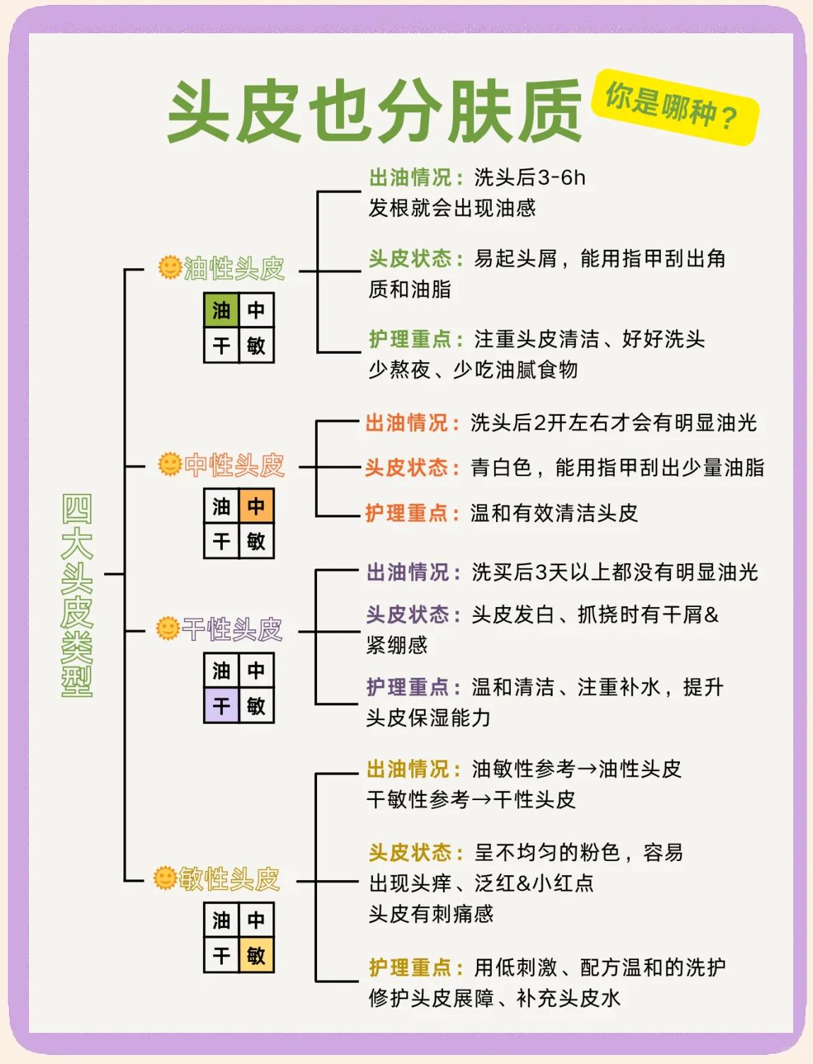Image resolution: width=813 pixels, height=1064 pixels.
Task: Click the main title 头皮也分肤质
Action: pyautogui.click(x=375, y=112)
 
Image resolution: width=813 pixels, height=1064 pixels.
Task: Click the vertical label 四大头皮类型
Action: pyautogui.click(x=76, y=594)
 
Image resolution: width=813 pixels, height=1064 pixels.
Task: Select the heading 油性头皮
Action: pyautogui.click(x=233, y=269)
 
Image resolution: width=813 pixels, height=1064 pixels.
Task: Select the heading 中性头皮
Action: pyautogui.click(x=233, y=465)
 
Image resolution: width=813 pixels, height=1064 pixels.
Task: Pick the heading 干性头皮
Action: pyautogui.click(x=232, y=629)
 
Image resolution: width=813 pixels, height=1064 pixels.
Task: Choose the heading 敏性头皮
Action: pyautogui.click(x=229, y=879)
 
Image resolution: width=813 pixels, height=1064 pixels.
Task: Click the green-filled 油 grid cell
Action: pyautogui.click(x=221, y=310)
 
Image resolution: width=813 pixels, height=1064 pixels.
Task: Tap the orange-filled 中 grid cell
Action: pyautogui.click(x=256, y=506)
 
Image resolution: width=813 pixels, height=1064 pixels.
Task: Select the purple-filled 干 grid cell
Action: pyautogui.click(x=221, y=705)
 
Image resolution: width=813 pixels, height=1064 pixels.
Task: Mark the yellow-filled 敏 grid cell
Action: pyautogui.click(x=256, y=956)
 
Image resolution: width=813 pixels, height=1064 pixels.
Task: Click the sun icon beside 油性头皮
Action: pyautogui.click(x=170, y=267)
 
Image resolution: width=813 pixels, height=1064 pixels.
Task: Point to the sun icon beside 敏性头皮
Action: pyautogui.click(x=165, y=878)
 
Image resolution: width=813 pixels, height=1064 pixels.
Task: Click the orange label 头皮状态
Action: pyautogui.click(x=407, y=468)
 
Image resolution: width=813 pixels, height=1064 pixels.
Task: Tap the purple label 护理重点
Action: pyautogui.click(x=408, y=687)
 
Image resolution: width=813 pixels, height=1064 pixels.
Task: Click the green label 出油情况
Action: pyautogui.click(x=410, y=178)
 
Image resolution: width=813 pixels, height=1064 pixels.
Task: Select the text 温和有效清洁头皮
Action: pyautogui.click(x=554, y=513)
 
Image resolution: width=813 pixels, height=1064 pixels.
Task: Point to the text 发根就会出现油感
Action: pyautogui.click(x=452, y=208)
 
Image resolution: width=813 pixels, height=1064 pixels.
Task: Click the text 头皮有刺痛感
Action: pyautogui.click(x=431, y=914)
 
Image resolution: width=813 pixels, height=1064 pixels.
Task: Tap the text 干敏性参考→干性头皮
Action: pyautogui.click(x=471, y=799)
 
